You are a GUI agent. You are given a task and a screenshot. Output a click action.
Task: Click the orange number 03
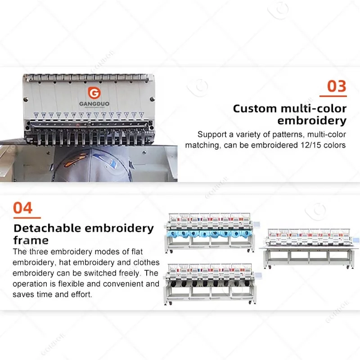point(336,85)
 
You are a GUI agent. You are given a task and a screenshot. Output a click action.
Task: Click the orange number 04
point(23,208)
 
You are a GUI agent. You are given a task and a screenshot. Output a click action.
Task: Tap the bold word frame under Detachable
point(31,240)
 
